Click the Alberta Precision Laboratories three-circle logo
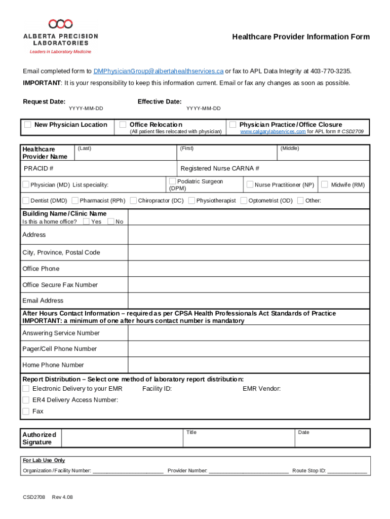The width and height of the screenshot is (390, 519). [60, 24]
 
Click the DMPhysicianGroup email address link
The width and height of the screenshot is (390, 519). [159, 71]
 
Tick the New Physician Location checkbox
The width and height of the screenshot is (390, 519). [28, 125]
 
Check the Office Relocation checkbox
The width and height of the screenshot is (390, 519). [123, 125]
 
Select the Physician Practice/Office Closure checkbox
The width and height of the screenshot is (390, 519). [232, 125]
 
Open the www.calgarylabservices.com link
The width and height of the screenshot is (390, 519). [272, 132]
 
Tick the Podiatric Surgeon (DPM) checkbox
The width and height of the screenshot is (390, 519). [173, 181]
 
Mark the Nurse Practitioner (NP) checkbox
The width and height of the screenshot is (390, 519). [250, 184]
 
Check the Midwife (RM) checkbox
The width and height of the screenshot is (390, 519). [325, 184]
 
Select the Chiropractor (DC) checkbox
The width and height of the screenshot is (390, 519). [133, 201]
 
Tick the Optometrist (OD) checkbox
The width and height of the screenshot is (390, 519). [244, 201]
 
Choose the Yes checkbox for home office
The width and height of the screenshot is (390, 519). [86, 221]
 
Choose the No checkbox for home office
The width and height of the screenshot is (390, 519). [111, 221]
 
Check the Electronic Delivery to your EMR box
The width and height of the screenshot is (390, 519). [26, 389]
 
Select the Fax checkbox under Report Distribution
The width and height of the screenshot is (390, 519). [26, 411]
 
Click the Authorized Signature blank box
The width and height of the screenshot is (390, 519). [122, 437]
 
